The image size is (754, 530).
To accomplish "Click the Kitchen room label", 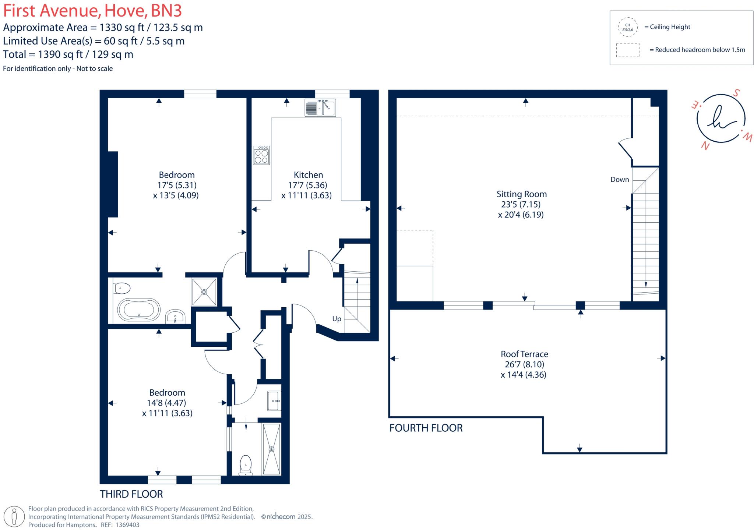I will coord(308,175).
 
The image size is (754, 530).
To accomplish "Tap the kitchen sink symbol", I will coord(320,107).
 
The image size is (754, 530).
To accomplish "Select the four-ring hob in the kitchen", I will coord(261,155).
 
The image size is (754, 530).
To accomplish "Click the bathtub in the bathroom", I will coord(139,310).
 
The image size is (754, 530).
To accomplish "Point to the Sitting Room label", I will coord(521,194).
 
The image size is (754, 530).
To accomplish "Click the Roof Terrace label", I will coord(524,354).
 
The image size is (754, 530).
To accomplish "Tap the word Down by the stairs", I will coord(620,180).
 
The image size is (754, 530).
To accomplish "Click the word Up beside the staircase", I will coord(337,319).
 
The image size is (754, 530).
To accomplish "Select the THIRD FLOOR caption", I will coord(131,494).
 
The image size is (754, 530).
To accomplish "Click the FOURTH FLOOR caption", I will coord(426,428).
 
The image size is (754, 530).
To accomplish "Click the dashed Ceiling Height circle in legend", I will coord(627,27).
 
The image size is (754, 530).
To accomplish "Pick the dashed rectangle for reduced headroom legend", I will coord(627,50).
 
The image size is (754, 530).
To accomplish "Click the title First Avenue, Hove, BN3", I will coord(92,11).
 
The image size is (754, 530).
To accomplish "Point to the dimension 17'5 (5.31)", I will coord(177,185).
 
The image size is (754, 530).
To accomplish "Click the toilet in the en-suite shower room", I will coord(246,464).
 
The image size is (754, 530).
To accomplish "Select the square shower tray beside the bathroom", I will coord(204,291).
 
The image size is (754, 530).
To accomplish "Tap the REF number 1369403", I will coord(127,525).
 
